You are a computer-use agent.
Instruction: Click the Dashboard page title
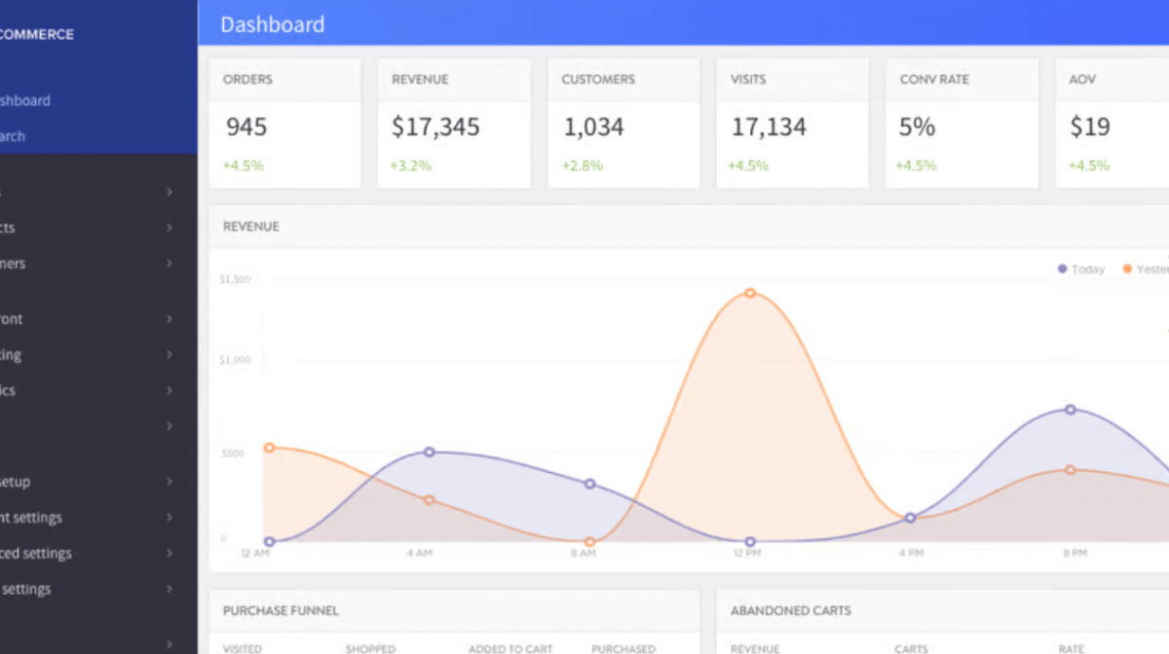click(x=272, y=24)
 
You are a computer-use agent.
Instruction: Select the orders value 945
click(x=246, y=127)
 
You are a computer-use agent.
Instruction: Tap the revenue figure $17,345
click(x=435, y=127)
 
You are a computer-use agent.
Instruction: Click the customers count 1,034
click(x=593, y=127)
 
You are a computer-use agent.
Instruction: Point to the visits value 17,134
click(x=769, y=127)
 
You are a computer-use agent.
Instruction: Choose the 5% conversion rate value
click(x=917, y=127)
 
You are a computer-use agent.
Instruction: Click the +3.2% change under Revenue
click(x=411, y=165)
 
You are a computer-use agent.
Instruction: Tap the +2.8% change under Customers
click(x=582, y=165)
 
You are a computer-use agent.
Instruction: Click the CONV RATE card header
click(x=934, y=79)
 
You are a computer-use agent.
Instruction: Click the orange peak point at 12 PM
click(x=750, y=293)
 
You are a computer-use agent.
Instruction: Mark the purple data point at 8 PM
click(x=1070, y=410)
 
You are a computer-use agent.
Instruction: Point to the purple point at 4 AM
click(x=430, y=453)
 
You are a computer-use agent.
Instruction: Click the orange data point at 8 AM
click(x=589, y=542)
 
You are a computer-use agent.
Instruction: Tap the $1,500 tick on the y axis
click(x=235, y=279)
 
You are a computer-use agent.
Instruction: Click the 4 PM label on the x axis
click(x=911, y=553)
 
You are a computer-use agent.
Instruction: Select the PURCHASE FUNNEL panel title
click(x=281, y=611)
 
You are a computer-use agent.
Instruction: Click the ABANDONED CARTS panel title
click(x=790, y=611)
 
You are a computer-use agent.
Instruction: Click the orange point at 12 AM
click(x=269, y=448)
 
